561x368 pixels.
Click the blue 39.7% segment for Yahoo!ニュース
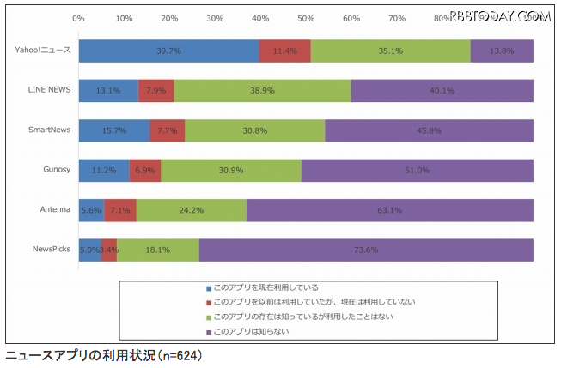pos(168,51)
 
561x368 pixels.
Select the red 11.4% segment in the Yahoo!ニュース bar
pos(284,51)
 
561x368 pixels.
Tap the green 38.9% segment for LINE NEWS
pos(262,90)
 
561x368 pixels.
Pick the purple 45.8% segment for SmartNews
pos(429,130)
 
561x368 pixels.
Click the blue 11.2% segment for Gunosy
pos(104,170)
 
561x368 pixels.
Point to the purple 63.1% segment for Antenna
pos(389,210)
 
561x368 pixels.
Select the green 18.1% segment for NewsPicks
pos(157,250)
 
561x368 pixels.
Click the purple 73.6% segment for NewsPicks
pos(365,250)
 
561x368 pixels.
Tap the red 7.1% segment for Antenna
pos(119,210)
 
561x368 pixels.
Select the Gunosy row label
pos(55,169)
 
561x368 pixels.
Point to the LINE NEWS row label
pos(49,89)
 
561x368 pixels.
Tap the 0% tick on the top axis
pos(79,17)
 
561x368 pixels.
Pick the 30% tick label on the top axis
pos(215,17)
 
